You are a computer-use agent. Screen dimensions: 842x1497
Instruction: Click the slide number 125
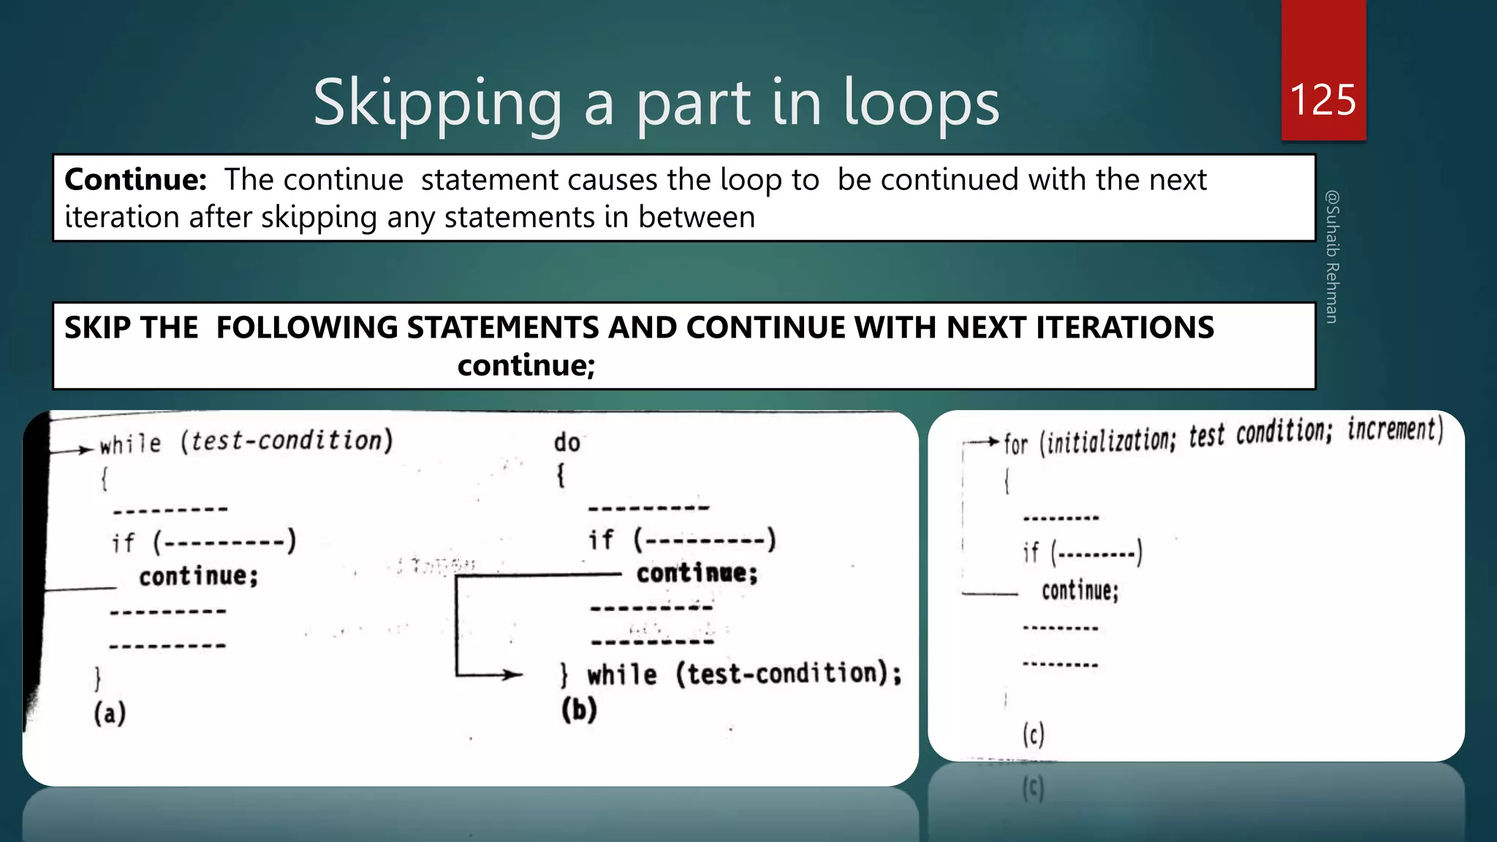[x=1323, y=99]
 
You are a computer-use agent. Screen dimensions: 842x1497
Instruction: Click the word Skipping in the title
[x=437, y=104]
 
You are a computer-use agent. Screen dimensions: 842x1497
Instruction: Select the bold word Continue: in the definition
[x=136, y=180]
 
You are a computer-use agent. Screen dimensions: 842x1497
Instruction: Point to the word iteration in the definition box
[x=121, y=217]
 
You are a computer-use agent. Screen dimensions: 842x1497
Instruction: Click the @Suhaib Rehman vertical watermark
[x=1333, y=257]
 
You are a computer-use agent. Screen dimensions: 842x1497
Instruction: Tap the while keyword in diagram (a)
[x=130, y=444]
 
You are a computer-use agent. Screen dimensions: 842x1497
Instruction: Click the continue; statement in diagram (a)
[x=199, y=576]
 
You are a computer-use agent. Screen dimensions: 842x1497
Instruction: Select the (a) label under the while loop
[x=110, y=713]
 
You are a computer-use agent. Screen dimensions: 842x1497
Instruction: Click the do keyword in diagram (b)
[x=566, y=443]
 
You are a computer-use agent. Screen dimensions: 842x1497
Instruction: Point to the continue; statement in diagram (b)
[x=697, y=573]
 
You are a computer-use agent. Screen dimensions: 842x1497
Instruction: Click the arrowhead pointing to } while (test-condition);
[x=515, y=675]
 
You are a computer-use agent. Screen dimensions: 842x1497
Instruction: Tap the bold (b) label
[x=579, y=709]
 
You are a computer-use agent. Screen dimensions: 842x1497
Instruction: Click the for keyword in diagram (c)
[x=1015, y=443]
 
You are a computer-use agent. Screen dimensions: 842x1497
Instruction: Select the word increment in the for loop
[x=1395, y=430]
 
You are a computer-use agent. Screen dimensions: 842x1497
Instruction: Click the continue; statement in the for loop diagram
[x=1080, y=591]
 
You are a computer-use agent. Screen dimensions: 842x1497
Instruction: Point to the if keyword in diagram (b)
[x=601, y=540]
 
